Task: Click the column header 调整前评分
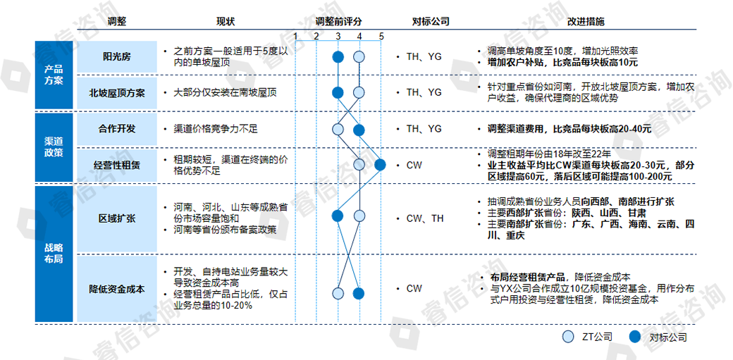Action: [338, 21]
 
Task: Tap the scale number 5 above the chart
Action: [381, 36]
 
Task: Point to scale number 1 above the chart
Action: [295, 36]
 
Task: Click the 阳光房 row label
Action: [117, 57]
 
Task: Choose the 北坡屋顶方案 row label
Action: [117, 92]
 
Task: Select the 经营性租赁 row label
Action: [117, 165]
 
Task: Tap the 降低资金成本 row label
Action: [117, 290]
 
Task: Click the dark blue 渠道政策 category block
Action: [54, 147]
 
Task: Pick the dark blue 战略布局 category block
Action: [54, 254]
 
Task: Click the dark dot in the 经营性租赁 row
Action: [381, 165]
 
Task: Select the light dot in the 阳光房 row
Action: [359, 57]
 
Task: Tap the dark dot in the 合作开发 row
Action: [359, 129]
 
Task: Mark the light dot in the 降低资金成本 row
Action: [338, 293]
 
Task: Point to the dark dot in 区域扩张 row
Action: [338, 216]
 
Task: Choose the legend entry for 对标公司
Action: [658, 337]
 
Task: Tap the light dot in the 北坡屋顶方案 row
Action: [359, 92]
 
